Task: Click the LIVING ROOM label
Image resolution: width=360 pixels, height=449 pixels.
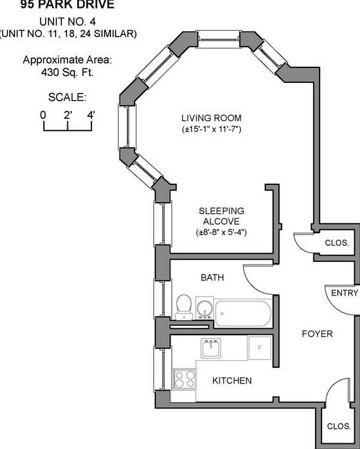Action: tap(212, 118)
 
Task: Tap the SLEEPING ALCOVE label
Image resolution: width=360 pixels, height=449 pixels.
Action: tap(221, 216)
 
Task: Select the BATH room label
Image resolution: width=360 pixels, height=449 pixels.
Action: tap(212, 277)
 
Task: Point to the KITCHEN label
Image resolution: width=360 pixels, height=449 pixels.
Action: tap(232, 380)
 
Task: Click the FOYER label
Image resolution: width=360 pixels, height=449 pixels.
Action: tap(318, 333)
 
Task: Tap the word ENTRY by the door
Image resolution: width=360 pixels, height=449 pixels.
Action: tap(344, 293)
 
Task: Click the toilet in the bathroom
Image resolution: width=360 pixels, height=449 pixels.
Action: tap(184, 307)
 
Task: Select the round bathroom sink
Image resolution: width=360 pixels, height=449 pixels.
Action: tap(205, 308)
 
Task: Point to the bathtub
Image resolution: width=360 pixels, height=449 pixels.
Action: tap(243, 313)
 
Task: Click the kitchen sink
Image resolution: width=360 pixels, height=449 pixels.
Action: tap(211, 348)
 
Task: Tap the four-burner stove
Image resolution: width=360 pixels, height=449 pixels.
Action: tap(185, 379)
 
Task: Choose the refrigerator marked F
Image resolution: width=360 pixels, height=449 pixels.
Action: tap(259, 348)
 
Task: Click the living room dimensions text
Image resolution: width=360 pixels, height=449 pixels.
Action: tap(212, 129)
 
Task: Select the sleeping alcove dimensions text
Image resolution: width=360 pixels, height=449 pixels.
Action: tap(221, 232)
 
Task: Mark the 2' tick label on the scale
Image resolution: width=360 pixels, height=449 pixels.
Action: tap(68, 116)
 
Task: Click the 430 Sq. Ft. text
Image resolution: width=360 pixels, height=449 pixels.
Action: tap(67, 72)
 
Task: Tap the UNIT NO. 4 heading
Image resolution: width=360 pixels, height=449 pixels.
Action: tap(67, 22)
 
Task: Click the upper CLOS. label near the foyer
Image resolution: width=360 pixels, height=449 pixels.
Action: tap(337, 243)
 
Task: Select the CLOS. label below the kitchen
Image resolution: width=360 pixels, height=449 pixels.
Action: tap(339, 426)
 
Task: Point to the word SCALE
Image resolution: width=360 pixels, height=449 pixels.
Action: tap(67, 97)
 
